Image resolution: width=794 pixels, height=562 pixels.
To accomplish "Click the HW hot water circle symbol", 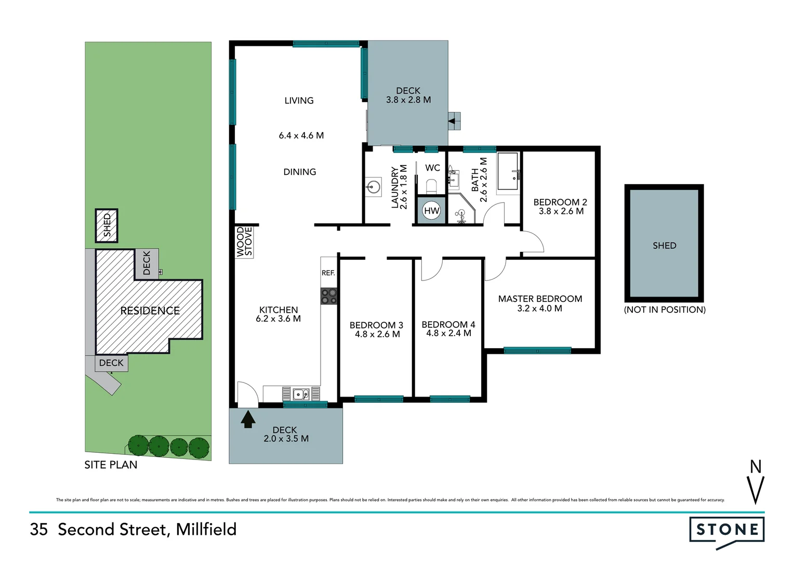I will (x=431, y=211).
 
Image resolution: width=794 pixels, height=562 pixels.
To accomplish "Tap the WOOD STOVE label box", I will (x=244, y=241).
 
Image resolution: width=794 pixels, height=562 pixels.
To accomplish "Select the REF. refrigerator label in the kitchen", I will (x=328, y=273).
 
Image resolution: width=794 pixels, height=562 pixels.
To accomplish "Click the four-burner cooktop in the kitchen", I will (x=329, y=296).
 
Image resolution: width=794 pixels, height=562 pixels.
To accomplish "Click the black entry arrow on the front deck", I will (x=248, y=419).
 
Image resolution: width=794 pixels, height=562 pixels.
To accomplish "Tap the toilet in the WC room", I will (x=431, y=186).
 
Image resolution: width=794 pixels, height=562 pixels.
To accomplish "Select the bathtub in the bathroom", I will (x=508, y=171).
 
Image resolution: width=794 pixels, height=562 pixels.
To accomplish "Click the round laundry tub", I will (x=373, y=186).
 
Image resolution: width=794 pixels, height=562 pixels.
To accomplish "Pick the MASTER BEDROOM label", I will (x=540, y=299).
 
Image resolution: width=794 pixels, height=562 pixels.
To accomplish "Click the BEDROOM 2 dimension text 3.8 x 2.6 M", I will (x=561, y=211).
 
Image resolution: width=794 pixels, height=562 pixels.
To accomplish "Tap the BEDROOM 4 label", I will (x=448, y=324).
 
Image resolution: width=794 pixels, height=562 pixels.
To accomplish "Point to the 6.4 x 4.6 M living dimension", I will (x=301, y=135).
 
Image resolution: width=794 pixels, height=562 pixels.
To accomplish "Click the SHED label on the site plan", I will (x=107, y=225).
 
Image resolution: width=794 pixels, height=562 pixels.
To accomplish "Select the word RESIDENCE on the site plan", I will (x=150, y=311).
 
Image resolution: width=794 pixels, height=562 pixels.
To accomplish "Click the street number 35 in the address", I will (x=39, y=529).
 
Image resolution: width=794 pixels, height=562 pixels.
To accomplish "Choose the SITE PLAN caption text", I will (x=111, y=465).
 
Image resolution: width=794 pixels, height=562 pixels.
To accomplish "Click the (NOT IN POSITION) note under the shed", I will (x=664, y=310).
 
